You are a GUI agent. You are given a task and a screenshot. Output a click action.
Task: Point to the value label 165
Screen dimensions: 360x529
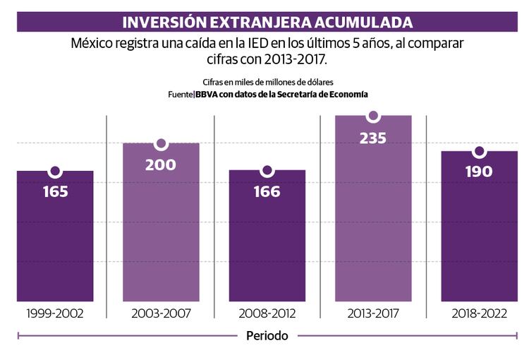55,191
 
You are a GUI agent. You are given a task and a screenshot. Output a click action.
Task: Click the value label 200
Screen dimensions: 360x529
161,165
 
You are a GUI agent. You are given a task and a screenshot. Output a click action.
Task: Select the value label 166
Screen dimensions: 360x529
267,191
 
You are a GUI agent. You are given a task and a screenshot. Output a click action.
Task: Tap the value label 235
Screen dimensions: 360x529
373,138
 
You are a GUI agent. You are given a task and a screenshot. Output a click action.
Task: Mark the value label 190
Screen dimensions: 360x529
479,172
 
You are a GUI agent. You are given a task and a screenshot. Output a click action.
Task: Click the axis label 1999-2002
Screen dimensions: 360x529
54,313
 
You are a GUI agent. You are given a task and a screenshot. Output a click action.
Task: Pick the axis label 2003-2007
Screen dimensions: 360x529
161,313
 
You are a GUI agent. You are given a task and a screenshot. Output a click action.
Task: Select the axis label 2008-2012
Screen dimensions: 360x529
267,313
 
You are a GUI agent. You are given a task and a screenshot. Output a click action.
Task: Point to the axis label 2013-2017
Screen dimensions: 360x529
373,313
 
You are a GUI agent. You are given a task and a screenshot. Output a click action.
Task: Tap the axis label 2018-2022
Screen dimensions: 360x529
479,313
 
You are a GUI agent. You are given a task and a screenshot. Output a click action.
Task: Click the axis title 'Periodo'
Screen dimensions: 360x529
267,336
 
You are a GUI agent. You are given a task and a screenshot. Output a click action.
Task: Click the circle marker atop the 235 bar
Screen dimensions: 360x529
373,116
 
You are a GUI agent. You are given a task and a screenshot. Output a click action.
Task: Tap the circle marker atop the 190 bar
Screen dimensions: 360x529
479,152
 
